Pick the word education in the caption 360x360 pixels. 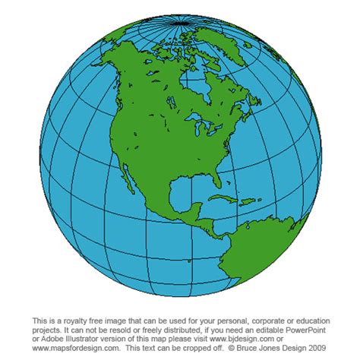tap(304, 321)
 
